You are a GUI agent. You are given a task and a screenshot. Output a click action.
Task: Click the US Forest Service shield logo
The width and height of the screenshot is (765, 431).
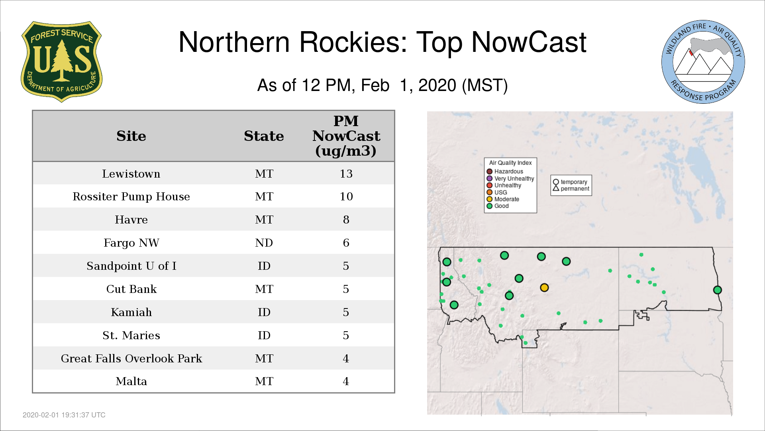61,61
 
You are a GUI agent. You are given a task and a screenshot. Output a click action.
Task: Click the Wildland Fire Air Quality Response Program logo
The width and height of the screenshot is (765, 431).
703,62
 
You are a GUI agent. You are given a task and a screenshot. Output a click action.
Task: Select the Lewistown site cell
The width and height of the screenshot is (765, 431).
131,174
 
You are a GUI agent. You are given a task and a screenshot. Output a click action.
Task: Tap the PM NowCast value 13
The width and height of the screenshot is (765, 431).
346,174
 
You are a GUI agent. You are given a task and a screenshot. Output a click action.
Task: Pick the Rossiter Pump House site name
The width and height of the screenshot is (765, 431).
131,197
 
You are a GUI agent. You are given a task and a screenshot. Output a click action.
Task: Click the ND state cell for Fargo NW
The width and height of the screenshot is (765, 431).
264,243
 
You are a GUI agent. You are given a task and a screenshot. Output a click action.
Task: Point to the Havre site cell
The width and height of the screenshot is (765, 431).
131,219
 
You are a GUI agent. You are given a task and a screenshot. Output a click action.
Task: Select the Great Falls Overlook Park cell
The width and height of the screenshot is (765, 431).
131,358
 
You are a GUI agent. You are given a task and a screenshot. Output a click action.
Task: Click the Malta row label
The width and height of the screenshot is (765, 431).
131,381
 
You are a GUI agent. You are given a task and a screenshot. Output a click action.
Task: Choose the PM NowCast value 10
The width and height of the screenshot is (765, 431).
346,196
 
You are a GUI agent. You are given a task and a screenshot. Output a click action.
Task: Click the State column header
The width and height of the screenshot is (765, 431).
264,136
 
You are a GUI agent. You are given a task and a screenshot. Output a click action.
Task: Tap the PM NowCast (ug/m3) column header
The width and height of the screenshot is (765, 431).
346,136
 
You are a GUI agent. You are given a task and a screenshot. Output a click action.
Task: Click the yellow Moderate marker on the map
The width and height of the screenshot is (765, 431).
544,287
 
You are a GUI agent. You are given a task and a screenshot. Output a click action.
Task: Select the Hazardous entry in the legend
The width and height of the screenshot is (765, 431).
505,172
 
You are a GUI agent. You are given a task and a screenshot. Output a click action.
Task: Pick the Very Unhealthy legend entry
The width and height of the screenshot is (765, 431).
510,178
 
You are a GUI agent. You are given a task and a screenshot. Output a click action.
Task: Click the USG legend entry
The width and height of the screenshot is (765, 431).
497,192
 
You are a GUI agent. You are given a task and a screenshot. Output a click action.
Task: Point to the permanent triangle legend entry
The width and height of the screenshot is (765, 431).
571,188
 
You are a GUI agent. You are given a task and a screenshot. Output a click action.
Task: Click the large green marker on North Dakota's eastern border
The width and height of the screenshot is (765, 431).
717,290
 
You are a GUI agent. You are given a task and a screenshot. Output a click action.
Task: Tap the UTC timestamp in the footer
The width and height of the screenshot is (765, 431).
64,415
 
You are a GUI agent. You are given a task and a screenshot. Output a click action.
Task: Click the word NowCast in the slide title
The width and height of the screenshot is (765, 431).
529,42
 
